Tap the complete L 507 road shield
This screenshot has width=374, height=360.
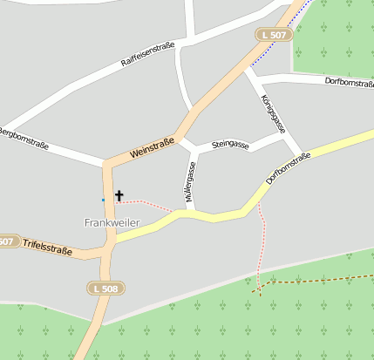pos(273,35)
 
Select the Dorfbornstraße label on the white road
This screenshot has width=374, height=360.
pos(348,82)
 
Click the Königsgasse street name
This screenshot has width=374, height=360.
pos(274,113)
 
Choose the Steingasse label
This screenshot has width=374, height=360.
pos(230,145)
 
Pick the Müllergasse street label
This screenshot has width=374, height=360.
pos(190,182)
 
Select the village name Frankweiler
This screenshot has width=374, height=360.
pos(112,223)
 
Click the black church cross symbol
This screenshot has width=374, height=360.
pos(119,196)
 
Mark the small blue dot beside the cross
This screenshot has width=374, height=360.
pos(103,200)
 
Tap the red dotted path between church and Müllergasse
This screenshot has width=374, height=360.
pos(153,205)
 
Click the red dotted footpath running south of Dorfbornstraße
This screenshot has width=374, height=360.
pos(262,244)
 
